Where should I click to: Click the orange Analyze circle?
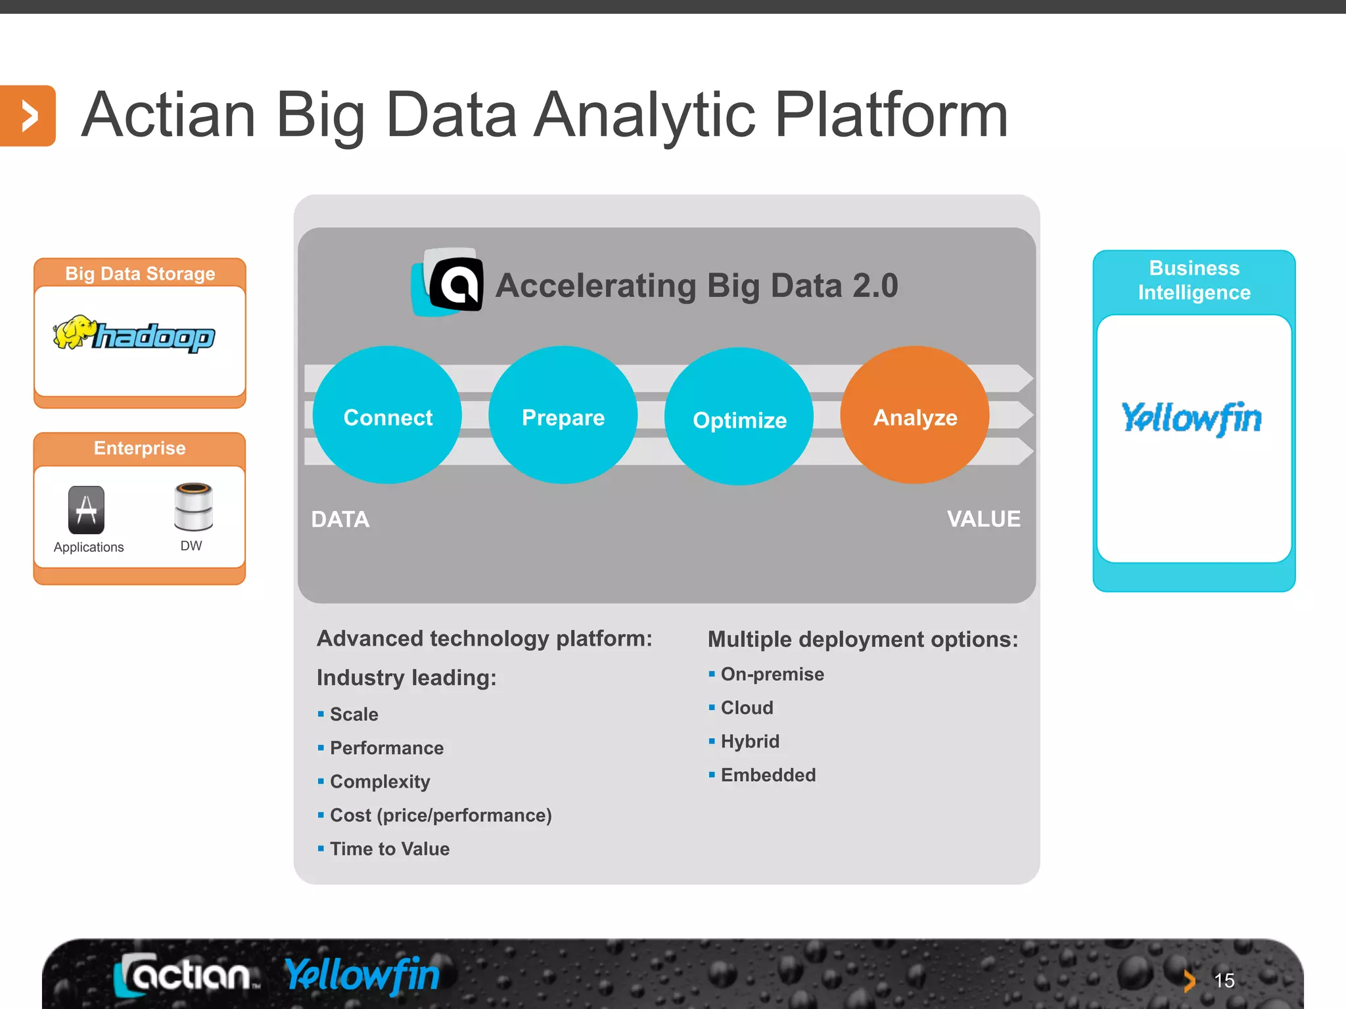click(x=914, y=415)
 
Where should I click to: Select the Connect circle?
click(x=387, y=415)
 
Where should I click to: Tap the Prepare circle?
click(x=563, y=415)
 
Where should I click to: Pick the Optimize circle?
click(x=739, y=416)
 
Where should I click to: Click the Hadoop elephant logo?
click(x=134, y=334)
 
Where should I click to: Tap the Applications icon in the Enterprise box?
click(x=86, y=510)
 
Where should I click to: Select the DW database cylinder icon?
click(x=193, y=506)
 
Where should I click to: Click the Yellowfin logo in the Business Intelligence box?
click(x=1192, y=418)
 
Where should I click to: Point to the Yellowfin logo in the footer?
click(x=362, y=975)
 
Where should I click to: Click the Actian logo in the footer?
click(x=187, y=975)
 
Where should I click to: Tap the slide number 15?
click(x=1224, y=981)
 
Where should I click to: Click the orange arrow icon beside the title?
click(x=28, y=116)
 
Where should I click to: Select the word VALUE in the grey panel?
click(x=983, y=519)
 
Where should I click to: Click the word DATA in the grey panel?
click(x=340, y=520)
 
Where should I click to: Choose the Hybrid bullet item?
click(x=750, y=742)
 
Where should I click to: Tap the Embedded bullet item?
click(x=768, y=775)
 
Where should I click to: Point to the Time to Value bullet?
click(x=389, y=849)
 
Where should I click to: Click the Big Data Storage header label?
click(x=140, y=273)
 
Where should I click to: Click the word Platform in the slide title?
click(x=891, y=116)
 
